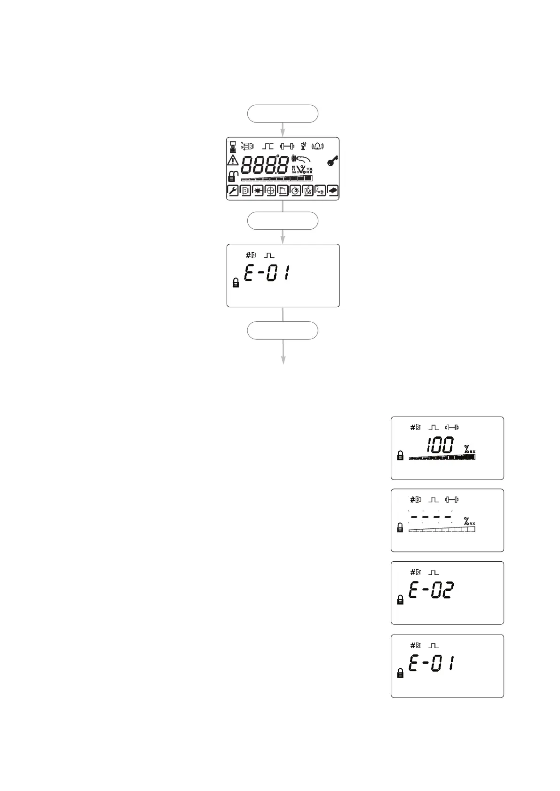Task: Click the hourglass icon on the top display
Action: point(233,147)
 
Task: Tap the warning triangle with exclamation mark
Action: point(233,161)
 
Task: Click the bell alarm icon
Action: point(318,147)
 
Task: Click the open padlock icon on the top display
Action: point(233,176)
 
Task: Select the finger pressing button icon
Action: point(300,159)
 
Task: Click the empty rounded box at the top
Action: point(283,114)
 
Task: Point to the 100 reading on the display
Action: point(440,445)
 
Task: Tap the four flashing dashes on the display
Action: point(431,517)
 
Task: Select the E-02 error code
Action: point(431,590)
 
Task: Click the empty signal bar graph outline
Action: point(442,529)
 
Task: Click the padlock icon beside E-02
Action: point(400,600)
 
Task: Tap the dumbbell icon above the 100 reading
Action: point(452,427)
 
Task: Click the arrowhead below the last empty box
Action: point(283,360)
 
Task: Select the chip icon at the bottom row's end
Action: point(332,190)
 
